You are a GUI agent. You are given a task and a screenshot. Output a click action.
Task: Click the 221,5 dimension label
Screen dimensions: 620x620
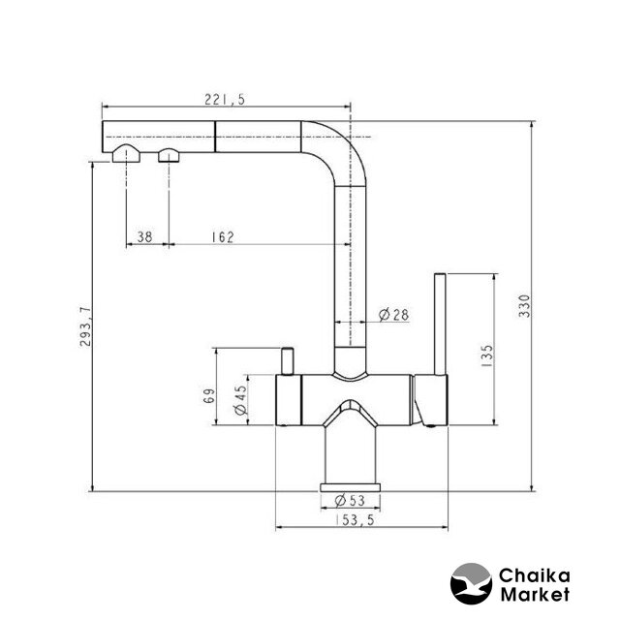(x=225, y=99)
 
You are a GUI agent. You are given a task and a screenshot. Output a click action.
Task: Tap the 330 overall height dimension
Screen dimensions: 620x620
(x=524, y=306)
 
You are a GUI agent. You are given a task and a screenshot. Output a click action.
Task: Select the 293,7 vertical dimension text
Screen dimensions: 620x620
(x=85, y=326)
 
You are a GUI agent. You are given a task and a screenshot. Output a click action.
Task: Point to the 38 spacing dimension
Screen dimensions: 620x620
(x=144, y=236)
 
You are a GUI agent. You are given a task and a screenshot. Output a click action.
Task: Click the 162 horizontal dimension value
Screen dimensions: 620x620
(x=223, y=236)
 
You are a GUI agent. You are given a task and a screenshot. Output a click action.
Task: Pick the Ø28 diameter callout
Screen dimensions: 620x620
(x=393, y=315)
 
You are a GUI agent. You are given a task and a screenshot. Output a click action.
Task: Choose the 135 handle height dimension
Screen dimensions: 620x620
(x=487, y=356)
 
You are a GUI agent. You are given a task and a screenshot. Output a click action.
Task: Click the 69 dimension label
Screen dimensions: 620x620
(x=209, y=396)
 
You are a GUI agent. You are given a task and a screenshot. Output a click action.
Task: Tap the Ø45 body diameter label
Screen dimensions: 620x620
(x=240, y=400)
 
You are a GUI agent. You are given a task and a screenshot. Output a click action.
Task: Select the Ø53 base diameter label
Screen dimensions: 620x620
(x=350, y=500)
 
